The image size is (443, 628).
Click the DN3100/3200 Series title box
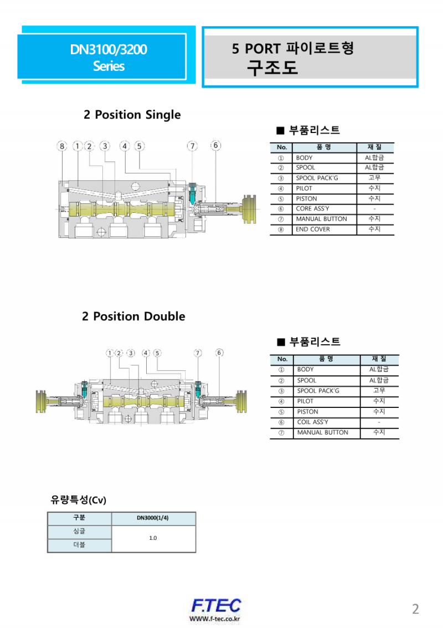pos(109,57)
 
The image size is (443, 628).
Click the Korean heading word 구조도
pos(272,68)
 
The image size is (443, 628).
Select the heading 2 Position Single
pos(132,115)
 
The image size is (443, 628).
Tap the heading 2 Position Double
pos(133,316)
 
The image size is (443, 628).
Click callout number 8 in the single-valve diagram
pos(62,146)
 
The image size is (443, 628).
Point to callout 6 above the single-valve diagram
pos(216,146)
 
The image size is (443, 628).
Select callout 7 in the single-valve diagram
pos(192,146)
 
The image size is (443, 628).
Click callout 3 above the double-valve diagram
pos(131,353)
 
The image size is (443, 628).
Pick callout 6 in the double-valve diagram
pos(219,353)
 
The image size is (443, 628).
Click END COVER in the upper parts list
pos(312,229)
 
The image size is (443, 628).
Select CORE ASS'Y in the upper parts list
pos(312,209)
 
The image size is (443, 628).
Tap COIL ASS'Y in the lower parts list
pos(313,422)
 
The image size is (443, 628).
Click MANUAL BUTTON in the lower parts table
pos(322,432)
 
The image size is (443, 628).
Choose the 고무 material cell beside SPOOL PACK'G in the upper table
pos(374,178)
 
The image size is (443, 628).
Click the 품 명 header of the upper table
pos(323,147)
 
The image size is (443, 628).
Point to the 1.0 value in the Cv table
pos(153,538)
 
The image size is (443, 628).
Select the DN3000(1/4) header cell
pos(153,518)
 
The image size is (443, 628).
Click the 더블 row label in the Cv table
pos(79,545)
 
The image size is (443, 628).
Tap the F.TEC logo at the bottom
pos(215,606)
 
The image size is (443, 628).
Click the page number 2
pos(415,609)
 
